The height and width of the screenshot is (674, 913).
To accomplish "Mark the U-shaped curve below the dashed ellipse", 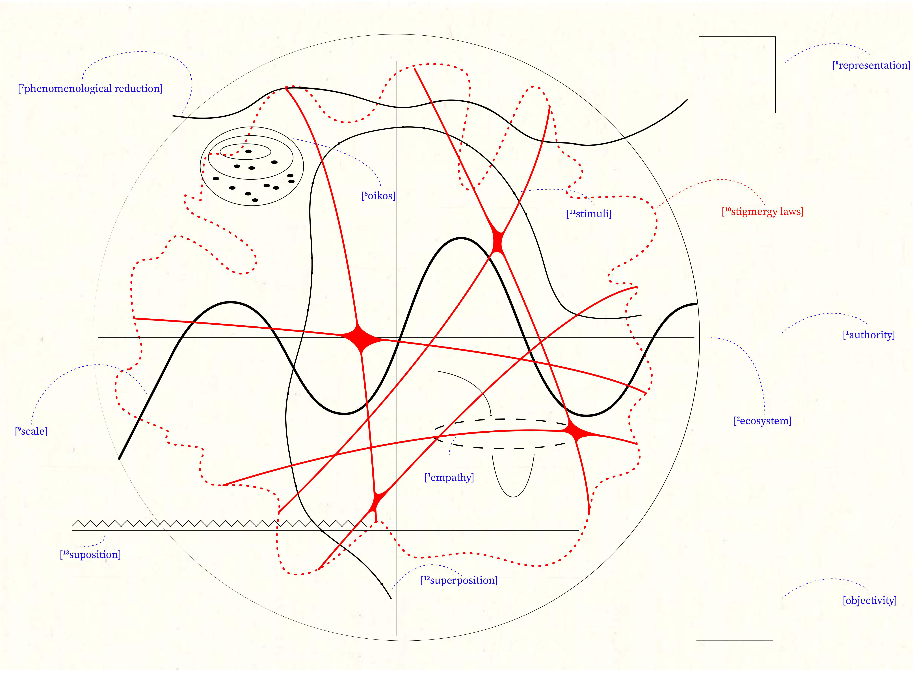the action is [x=513, y=496].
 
